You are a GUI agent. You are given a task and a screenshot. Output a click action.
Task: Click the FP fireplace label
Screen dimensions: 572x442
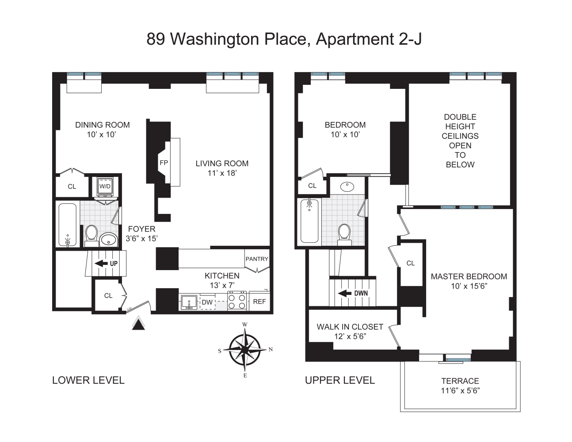coord(164,163)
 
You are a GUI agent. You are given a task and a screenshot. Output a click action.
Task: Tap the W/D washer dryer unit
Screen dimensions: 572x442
coord(105,187)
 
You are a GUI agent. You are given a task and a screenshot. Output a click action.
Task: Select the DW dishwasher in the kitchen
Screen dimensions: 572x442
coord(207,302)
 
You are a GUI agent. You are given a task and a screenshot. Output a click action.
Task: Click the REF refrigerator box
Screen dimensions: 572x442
coord(259,301)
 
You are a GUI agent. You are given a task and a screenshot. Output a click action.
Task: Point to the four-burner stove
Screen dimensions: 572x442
coord(237,301)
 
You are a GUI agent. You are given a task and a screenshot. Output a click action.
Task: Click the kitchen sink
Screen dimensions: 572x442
coord(189,302)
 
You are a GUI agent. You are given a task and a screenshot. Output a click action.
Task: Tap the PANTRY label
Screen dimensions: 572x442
coord(257,259)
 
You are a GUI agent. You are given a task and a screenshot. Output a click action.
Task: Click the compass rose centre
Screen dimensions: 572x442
coord(245,350)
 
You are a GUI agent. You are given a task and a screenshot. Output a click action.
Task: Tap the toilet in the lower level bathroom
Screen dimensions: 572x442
coord(92,236)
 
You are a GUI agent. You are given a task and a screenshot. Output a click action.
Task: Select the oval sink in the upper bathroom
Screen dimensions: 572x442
coord(347,187)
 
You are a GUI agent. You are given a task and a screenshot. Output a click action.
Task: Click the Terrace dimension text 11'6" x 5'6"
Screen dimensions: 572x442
coord(461,391)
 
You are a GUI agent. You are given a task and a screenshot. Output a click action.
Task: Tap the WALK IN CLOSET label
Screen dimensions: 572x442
coord(350,327)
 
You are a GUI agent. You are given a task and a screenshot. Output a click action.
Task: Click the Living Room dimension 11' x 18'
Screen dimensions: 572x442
coord(222,173)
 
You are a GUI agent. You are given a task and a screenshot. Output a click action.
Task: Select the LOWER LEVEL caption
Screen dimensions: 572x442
coord(88,380)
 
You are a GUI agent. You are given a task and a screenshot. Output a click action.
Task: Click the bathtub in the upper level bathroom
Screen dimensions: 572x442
coord(309,221)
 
